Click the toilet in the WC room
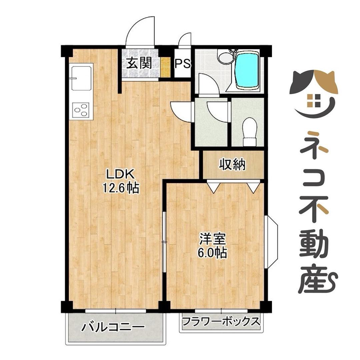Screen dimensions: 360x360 point(249,131)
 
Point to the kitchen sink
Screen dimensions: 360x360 point(81,78)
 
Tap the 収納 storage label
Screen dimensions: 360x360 point(232,164)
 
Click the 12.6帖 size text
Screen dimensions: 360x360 point(120,189)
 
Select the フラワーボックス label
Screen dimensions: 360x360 point(221,322)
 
